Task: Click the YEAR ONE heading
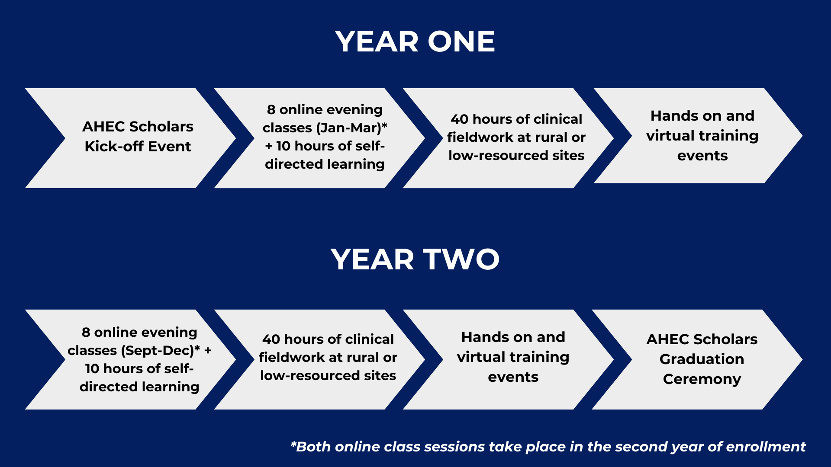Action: pos(415,42)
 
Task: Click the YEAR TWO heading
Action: pos(415,259)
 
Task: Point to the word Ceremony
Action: pos(702,379)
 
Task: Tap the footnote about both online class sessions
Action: pos(548,447)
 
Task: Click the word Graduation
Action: pos(702,359)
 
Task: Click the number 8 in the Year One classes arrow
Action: pos(271,110)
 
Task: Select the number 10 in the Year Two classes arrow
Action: pos(92,369)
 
